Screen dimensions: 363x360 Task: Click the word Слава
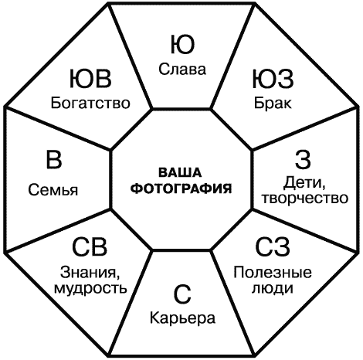[x=182, y=70]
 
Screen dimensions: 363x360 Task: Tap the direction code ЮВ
[x=90, y=79]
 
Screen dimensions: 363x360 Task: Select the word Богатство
[x=90, y=103]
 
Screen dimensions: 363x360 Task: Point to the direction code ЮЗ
[x=273, y=79]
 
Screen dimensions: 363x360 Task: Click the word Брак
[x=273, y=103]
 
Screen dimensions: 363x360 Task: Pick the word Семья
[x=53, y=190]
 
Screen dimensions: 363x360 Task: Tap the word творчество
[x=304, y=199]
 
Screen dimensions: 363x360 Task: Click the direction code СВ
[x=90, y=246]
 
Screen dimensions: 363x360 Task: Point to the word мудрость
[x=90, y=288]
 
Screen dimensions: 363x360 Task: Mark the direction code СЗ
[x=273, y=246]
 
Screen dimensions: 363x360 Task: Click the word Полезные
[x=273, y=273]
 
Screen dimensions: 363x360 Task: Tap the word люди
[x=273, y=288]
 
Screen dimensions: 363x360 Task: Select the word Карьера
[x=182, y=318]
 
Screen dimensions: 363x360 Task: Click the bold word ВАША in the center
[x=180, y=172]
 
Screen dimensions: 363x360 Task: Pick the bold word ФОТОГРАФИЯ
[x=181, y=188]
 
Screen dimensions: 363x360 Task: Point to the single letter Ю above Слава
[x=182, y=45]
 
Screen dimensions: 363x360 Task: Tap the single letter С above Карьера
[x=182, y=294]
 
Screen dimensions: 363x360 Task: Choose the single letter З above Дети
[x=303, y=160]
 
